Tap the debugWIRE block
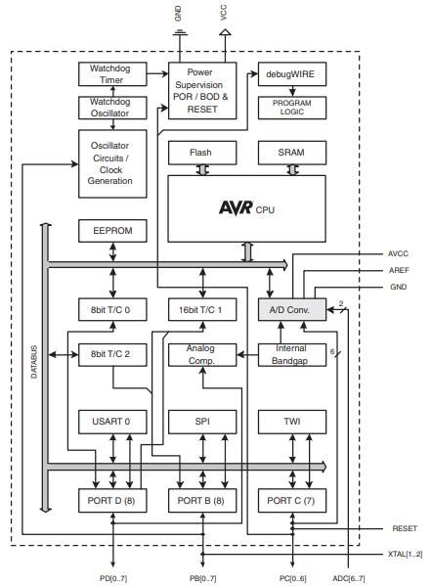[292, 74]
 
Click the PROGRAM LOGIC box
[292, 107]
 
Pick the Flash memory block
[201, 153]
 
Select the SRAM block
[292, 153]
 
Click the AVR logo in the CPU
[235, 208]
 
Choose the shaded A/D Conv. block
[292, 309]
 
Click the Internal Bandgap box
[292, 354]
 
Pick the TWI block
[292, 423]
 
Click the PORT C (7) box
[292, 501]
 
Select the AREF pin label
[398, 270]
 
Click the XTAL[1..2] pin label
[404, 555]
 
